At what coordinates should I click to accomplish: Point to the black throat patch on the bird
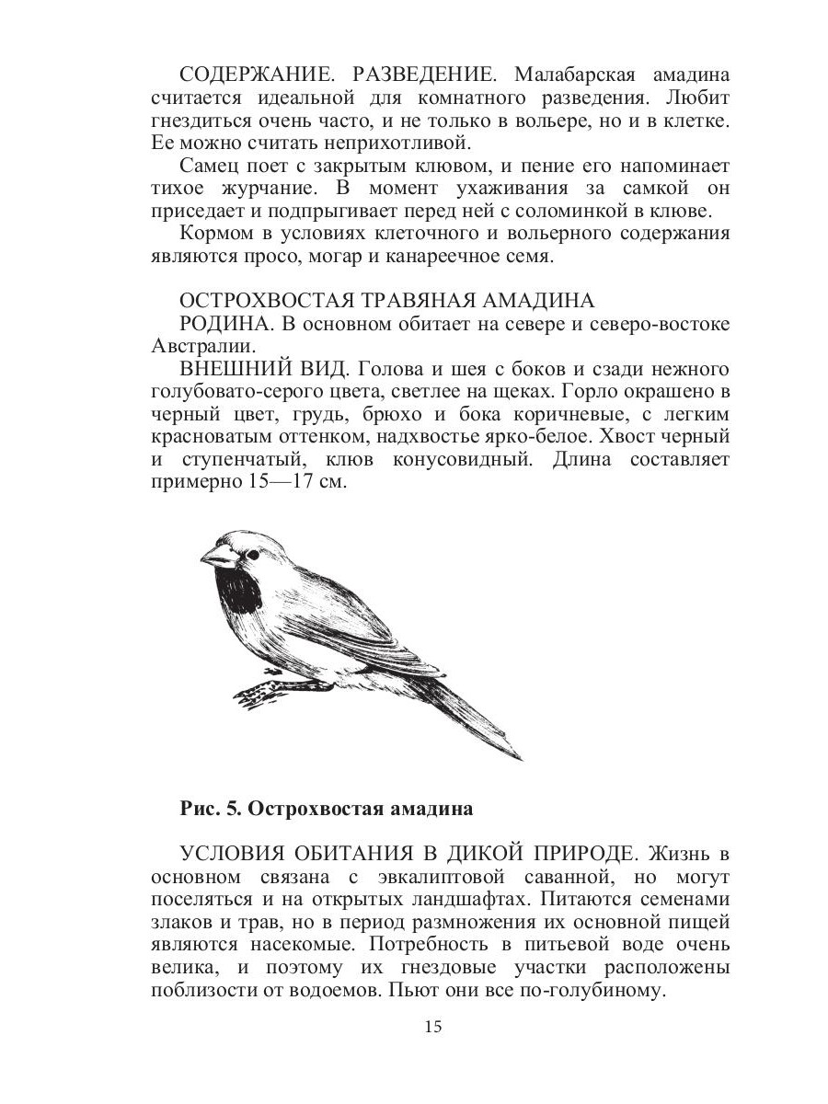(x=238, y=592)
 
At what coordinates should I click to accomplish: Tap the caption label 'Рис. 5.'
(x=210, y=810)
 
